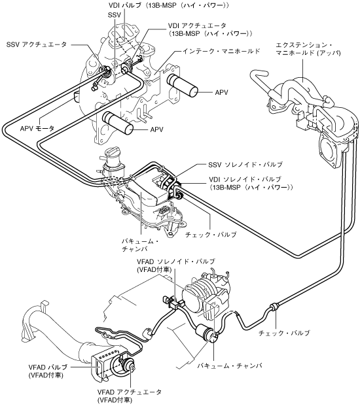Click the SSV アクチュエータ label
[37, 44]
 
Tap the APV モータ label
[37, 128]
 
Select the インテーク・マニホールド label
[221, 51]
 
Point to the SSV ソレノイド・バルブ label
[245, 165]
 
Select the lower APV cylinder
[118, 123]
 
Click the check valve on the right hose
[274, 308]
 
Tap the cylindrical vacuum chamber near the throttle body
[206, 331]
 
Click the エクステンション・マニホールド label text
[308, 49]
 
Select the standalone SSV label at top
[115, 15]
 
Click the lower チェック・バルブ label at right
[284, 333]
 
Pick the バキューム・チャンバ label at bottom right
[230, 365]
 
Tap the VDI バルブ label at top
[168, 5]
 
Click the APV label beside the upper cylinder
[221, 92]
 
